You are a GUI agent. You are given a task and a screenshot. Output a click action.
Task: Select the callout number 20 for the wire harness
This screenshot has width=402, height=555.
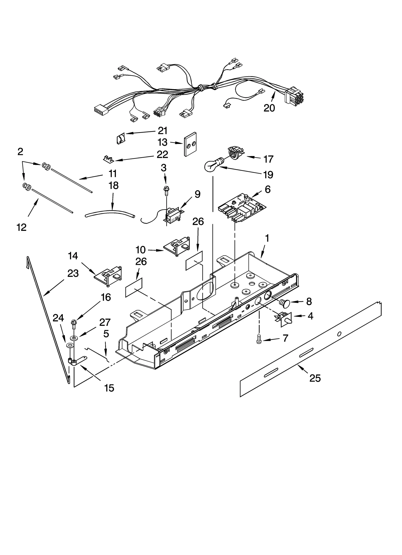click(269, 108)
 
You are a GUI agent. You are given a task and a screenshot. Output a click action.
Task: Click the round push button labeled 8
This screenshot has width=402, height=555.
click(285, 304)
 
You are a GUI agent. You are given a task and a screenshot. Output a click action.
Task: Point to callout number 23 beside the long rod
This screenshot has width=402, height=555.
click(73, 273)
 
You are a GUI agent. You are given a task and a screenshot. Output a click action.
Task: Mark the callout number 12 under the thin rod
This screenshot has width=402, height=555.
click(22, 227)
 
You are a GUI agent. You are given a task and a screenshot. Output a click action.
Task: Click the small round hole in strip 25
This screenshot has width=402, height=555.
click(339, 334)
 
